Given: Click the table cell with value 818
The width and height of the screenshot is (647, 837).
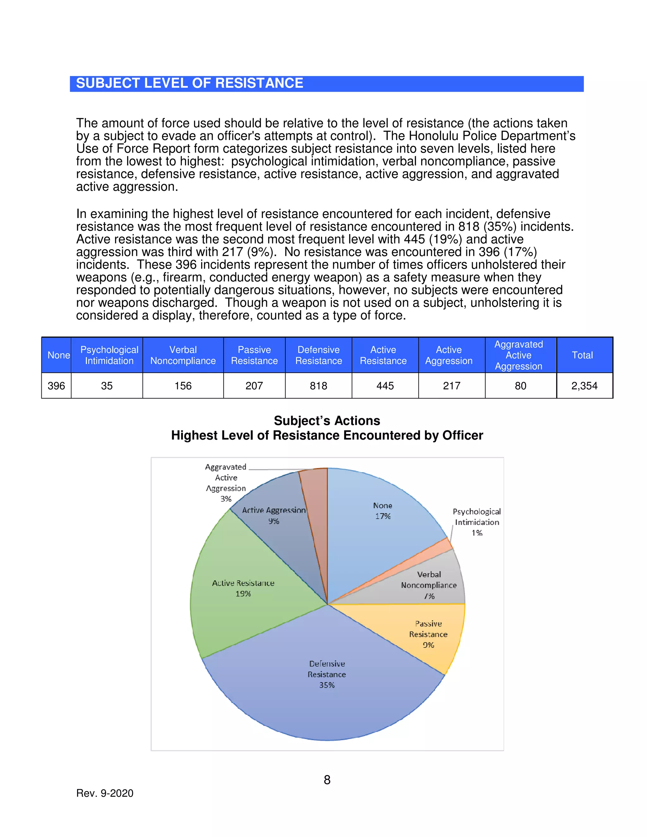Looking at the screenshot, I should click(318, 386).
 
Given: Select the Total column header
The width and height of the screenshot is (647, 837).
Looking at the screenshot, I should click(582, 355).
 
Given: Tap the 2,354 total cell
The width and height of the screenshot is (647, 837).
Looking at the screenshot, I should click(584, 386).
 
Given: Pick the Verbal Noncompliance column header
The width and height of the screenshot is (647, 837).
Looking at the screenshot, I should click(183, 355).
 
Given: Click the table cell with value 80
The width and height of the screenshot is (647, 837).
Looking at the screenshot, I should click(520, 386).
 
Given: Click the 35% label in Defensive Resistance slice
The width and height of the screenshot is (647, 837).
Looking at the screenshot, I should click(327, 685).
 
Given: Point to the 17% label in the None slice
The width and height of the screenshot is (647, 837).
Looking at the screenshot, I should click(383, 516).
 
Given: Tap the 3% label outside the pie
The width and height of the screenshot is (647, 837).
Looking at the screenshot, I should click(226, 499).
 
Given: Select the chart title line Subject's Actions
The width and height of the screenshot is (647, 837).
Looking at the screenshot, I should click(327, 421).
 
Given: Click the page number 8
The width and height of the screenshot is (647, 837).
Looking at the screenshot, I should click(327, 780).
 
